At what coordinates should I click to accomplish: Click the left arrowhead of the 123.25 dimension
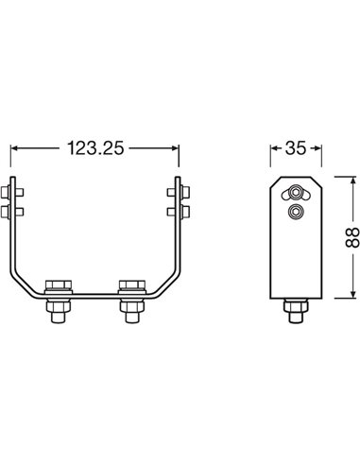[x=15, y=148]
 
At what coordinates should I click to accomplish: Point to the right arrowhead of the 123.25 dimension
[x=177, y=148]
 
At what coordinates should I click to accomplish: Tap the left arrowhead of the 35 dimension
[x=274, y=148]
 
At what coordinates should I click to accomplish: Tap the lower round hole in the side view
[x=295, y=214]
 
